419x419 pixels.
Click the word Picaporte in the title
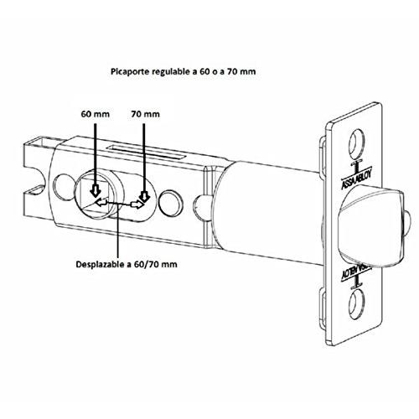(x=130, y=72)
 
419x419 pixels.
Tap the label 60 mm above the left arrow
(x=96, y=114)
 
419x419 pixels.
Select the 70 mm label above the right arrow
(x=145, y=114)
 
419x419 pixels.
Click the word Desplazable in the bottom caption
(x=101, y=264)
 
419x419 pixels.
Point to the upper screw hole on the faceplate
(x=357, y=144)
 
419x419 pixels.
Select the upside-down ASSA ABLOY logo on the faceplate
(x=354, y=271)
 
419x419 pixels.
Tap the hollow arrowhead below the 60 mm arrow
(x=96, y=191)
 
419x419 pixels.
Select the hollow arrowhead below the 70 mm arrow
(x=145, y=196)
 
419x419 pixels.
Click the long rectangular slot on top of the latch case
(x=147, y=152)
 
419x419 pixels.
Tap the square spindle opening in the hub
(x=95, y=196)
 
